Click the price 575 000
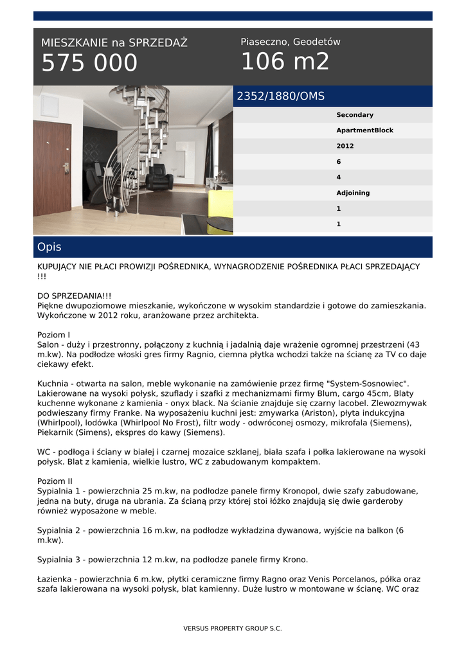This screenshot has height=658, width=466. click(x=89, y=63)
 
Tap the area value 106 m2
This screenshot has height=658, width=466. click(x=285, y=62)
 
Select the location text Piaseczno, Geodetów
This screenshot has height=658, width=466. click(x=291, y=42)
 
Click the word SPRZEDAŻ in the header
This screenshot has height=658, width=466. click(x=158, y=43)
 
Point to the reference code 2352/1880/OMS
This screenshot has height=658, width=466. click(x=281, y=96)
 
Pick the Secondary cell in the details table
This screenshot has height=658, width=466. click(x=355, y=115)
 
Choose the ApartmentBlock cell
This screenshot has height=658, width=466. click(x=364, y=130)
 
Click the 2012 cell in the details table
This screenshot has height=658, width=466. click(x=345, y=146)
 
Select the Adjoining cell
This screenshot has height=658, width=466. click(x=353, y=193)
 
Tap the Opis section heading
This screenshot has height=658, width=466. click(x=49, y=247)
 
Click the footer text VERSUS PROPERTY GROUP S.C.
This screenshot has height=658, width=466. click(x=233, y=628)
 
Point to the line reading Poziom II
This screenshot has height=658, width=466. click(x=55, y=481)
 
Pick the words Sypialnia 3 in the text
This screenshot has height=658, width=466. click(x=59, y=559)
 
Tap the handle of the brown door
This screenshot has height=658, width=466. click(x=65, y=167)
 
